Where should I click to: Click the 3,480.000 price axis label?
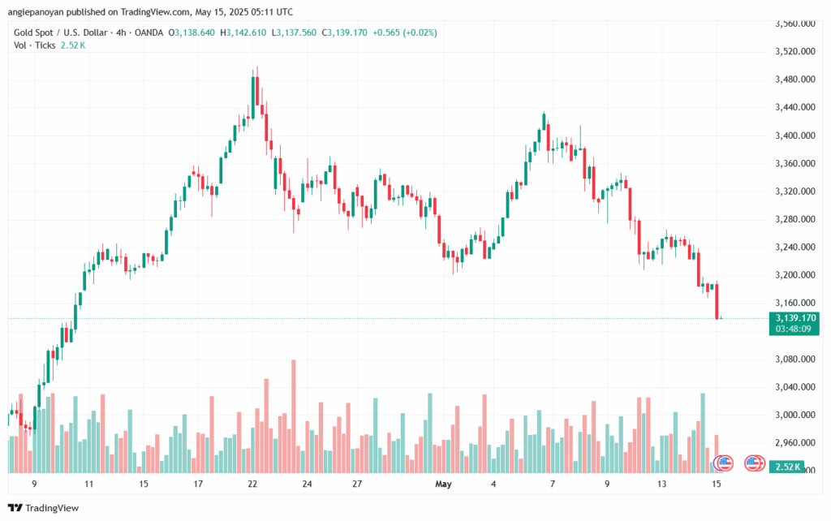794,80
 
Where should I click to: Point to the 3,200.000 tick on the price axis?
794,275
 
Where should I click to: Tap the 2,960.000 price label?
794,443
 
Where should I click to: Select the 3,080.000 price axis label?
794,359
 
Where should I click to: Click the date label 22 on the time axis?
252,484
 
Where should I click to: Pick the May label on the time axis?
443,484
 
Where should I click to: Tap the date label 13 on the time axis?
662,484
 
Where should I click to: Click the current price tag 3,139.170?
796,317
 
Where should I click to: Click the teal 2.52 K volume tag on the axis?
787,467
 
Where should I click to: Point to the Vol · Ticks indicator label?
35,45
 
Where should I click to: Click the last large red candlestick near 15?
717,300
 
